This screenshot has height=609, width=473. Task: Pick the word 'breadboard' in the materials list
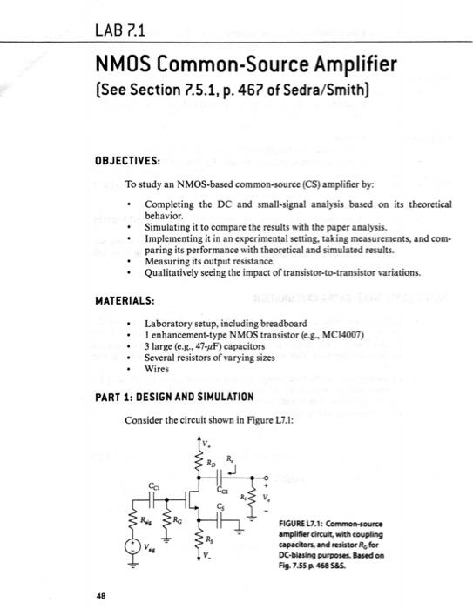[281, 324]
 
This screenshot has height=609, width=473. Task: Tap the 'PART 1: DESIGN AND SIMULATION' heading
[174, 397]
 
